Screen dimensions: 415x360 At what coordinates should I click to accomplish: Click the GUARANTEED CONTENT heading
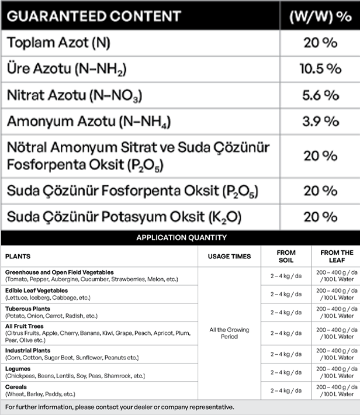tap(94, 16)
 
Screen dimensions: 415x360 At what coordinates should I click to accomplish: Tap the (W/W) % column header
tap(320, 16)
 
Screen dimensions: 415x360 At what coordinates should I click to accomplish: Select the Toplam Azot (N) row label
tap(58, 43)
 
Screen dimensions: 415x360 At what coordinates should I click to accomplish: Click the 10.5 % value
tap(320, 69)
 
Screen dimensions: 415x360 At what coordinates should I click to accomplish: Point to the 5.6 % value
tap(320, 95)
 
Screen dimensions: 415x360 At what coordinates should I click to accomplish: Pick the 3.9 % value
tap(320, 121)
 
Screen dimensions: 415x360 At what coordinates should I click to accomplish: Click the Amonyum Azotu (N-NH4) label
tap(81, 122)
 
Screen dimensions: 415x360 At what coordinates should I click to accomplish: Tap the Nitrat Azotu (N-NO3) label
tap(74, 95)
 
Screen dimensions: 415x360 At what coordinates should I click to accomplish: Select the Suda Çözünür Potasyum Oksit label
tap(116, 217)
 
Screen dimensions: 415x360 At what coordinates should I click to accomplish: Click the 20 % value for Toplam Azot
tap(320, 43)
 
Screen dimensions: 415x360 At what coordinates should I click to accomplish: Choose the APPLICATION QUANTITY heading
tap(181, 238)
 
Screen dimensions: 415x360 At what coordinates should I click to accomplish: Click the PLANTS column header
tap(18, 256)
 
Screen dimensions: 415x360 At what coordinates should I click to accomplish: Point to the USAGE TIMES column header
tap(229, 256)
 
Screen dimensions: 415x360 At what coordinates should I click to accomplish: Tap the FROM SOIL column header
tap(286, 257)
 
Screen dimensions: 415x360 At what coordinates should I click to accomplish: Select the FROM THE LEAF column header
tap(337, 257)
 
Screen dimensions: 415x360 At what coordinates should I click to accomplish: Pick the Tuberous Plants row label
tap(27, 309)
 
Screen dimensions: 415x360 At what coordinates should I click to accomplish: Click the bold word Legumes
tap(18, 369)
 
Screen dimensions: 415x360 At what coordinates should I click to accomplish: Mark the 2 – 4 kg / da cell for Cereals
tap(286, 390)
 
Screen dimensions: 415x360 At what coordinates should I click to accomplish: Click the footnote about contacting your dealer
tap(119, 407)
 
